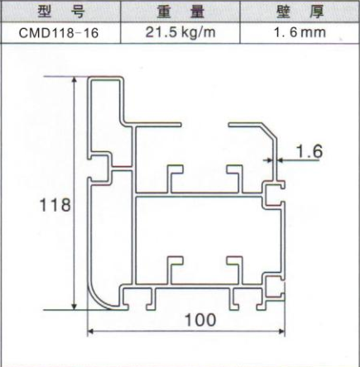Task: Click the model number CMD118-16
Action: coord(59,33)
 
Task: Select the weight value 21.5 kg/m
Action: coord(180,32)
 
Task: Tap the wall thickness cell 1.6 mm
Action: coord(300,32)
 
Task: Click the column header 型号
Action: coord(61,12)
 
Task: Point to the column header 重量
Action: coord(180,12)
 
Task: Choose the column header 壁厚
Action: coord(300,12)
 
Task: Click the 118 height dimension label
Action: coord(55,205)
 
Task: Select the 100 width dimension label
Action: coord(200,320)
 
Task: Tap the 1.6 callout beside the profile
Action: coord(309,151)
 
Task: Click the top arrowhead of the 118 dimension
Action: coord(74,79)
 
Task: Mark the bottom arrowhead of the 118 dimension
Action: coord(74,307)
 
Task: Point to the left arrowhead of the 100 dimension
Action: coord(90,331)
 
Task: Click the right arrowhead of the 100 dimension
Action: coord(282,331)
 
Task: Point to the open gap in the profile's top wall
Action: coord(204,125)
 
